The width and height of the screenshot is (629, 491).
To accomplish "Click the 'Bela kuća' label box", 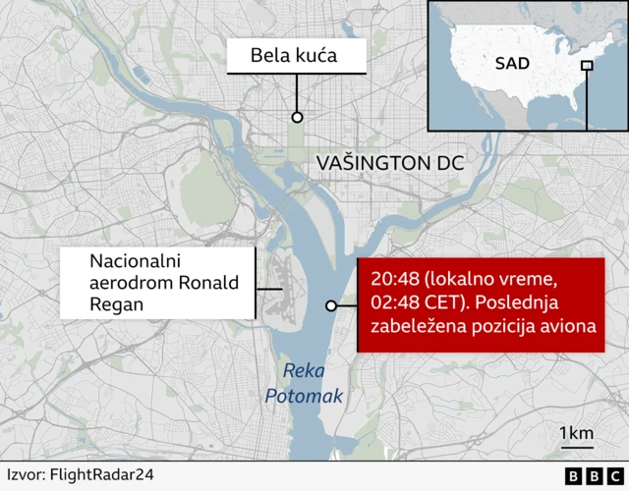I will pos(294,55).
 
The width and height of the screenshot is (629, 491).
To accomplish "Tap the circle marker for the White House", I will pos(296,117).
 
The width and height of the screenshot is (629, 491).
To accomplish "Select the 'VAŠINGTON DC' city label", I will pos(389,163).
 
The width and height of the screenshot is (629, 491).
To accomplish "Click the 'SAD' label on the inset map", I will pos(511,64).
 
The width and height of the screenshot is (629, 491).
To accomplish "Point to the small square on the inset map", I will pos(587,66).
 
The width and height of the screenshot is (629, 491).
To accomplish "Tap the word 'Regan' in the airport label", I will pos(116,305).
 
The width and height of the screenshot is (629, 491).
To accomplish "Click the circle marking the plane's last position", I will pos(331,306).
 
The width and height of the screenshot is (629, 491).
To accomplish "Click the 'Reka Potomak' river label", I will pos(304,384).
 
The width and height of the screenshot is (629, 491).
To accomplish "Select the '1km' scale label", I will pos(576,433).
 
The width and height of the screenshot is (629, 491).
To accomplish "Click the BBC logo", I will pos(586,475).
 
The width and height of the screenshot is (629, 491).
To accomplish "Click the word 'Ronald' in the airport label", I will pos(210,284).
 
